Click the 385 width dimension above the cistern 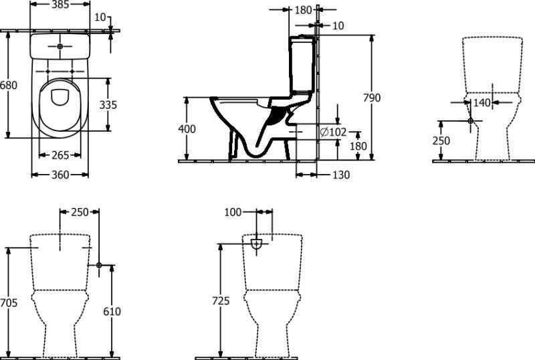60,4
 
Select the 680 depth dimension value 8,85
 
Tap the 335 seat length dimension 108,104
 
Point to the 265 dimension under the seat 60,155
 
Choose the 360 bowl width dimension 60,175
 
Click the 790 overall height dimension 372,98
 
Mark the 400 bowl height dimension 187,128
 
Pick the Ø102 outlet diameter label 333,132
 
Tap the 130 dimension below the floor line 341,175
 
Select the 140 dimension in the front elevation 482,102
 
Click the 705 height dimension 8,302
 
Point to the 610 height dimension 112,312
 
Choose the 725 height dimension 221,301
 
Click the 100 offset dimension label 233,212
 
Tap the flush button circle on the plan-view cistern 60,46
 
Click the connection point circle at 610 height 99,265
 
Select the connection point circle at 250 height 471,120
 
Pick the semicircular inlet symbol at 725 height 256,244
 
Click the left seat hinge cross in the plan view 47,72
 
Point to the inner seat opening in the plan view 60,97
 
